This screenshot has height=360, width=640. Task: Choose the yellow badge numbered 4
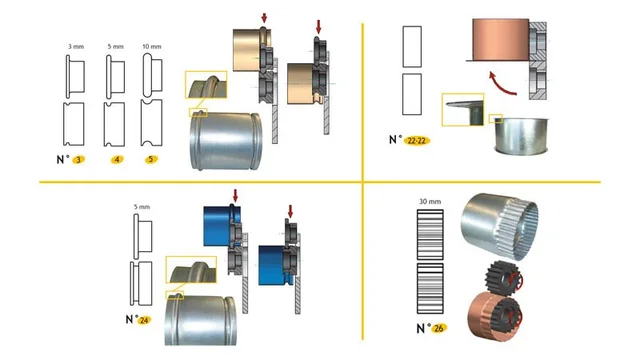(x=117, y=159)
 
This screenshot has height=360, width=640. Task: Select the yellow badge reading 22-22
(x=418, y=141)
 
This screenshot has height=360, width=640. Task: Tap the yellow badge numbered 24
(x=144, y=321)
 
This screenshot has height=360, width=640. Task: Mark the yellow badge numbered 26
(x=441, y=327)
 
